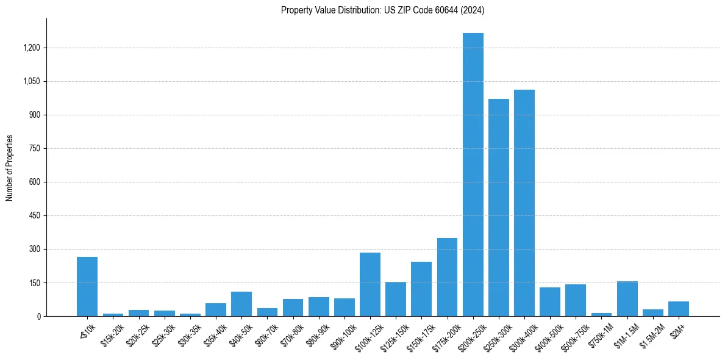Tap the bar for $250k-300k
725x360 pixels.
(x=498, y=207)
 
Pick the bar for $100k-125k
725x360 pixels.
(x=370, y=284)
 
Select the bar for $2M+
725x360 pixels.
(x=678, y=309)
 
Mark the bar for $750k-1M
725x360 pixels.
(x=601, y=314)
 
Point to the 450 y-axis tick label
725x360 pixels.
(x=34, y=215)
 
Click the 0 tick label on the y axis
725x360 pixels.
(x=38, y=316)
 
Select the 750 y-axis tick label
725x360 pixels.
(x=34, y=148)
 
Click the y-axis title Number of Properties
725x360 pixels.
(x=9, y=168)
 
